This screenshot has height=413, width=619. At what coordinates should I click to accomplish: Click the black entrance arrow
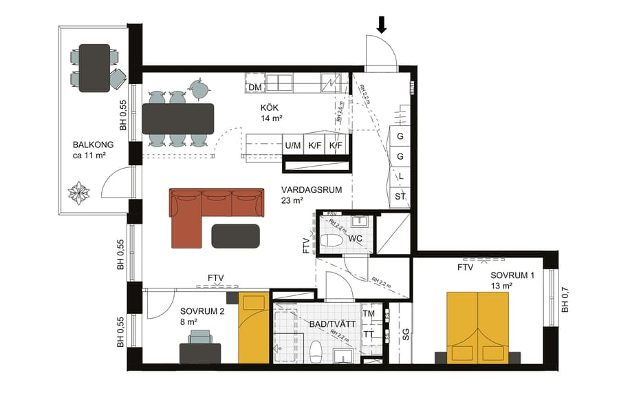click(382, 25)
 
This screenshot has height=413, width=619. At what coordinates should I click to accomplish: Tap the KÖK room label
click(269, 108)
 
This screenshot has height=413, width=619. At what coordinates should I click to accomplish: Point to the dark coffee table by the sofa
click(236, 235)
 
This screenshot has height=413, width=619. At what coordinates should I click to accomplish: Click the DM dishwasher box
click(254, 87)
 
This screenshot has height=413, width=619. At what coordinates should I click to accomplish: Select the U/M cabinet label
click(292, 146)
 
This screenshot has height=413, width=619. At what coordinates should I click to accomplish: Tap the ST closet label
click(400, 197)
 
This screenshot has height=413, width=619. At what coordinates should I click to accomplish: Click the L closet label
click(400, 176)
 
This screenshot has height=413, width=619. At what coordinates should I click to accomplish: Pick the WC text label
click(355, 238)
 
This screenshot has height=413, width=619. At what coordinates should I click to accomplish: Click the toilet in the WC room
click(332, 240)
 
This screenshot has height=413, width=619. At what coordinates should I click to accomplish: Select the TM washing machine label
click(369, 313)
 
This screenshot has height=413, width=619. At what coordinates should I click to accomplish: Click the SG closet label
click(406, 335)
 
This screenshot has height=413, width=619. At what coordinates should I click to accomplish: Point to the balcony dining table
click(94, 67)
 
